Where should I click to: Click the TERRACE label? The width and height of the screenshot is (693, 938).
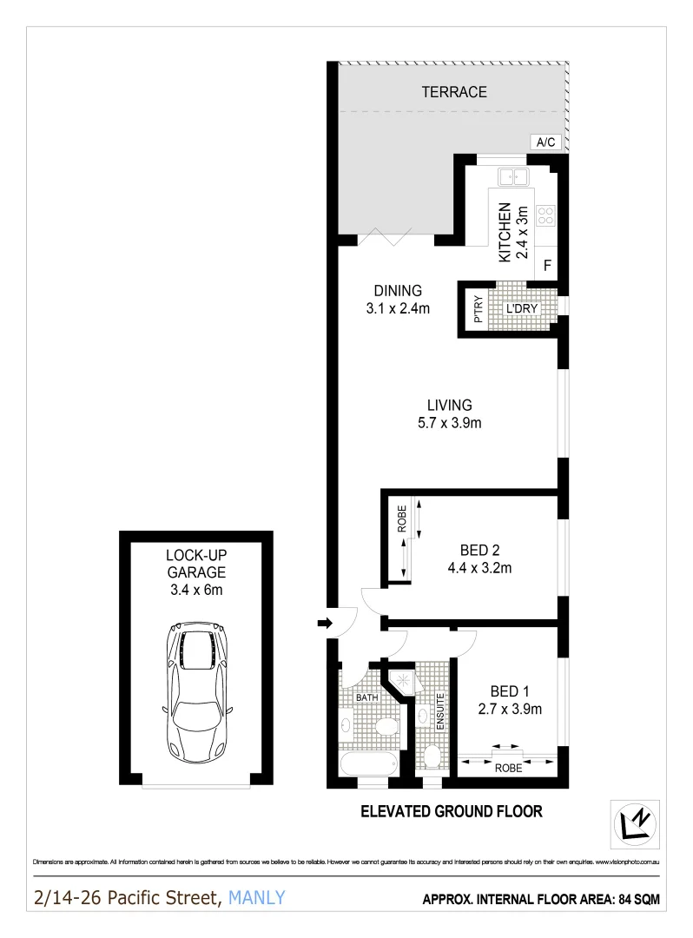coord(453,91)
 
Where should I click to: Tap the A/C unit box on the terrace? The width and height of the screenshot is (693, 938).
coord(545,142)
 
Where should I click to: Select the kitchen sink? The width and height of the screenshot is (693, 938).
coord(513,177)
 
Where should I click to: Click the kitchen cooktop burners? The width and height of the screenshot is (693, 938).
coord(545,215)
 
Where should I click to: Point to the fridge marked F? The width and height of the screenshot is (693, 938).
coord(547,266)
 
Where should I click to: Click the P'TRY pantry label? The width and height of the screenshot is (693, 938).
coord(477,309)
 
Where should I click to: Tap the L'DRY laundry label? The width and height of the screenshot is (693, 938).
coord(520,309)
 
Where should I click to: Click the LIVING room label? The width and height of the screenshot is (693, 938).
coord(449,405)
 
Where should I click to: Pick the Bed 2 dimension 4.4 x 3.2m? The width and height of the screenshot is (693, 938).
coord(478,569)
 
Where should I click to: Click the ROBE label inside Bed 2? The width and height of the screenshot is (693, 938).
coord(401,519)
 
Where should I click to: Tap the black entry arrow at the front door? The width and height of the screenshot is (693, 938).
coord(324,623)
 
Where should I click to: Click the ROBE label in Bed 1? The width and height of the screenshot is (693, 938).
coord(508,768)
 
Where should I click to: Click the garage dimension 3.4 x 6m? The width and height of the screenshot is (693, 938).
coord(196,590)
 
